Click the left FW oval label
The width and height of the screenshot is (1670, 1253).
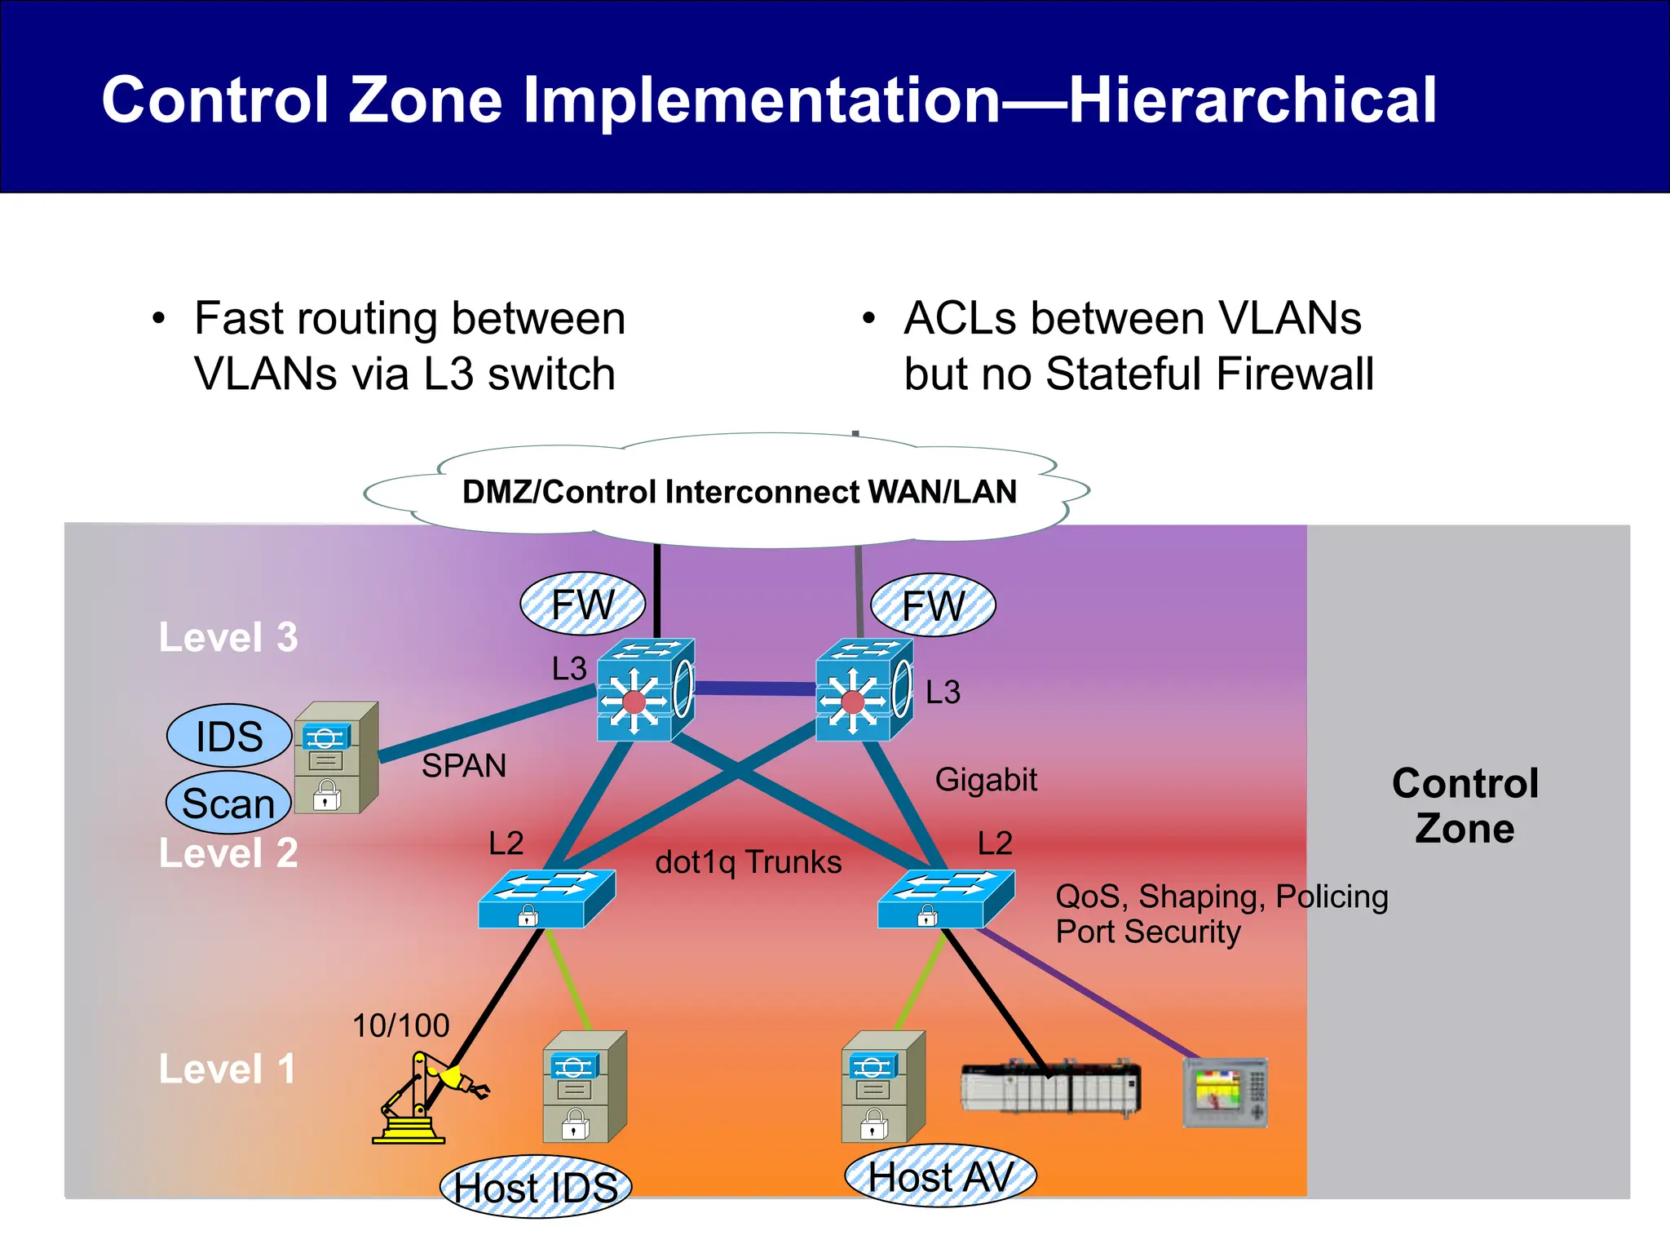(x=582, y=604)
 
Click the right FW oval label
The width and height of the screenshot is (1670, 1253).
(x=933, y=606)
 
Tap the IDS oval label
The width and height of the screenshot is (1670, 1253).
(x=229, y=737)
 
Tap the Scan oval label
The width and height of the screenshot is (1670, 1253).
(x=228, y=804)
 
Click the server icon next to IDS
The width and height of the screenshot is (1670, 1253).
(x=335, y=758)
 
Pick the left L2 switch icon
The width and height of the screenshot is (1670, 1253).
(x=546, y=899)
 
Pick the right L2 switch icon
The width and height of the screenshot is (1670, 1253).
(x=945, y=899)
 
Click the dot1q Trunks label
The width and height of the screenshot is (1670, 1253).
(x=748, y=862)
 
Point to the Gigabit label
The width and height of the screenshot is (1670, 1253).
(x=986, y=780)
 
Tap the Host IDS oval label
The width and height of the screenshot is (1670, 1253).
(x=536, y=1187)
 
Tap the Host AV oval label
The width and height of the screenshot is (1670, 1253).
(x=940, y=1177)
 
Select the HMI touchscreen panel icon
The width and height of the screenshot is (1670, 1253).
(x=1225, y=1093)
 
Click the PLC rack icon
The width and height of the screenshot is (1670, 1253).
(x=1050, y=1087)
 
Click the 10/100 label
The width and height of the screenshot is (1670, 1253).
(x=400, y=1025)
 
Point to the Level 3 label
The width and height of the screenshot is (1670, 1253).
(x=228, y=637)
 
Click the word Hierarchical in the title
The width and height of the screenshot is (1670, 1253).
(x=1252, y=100)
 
